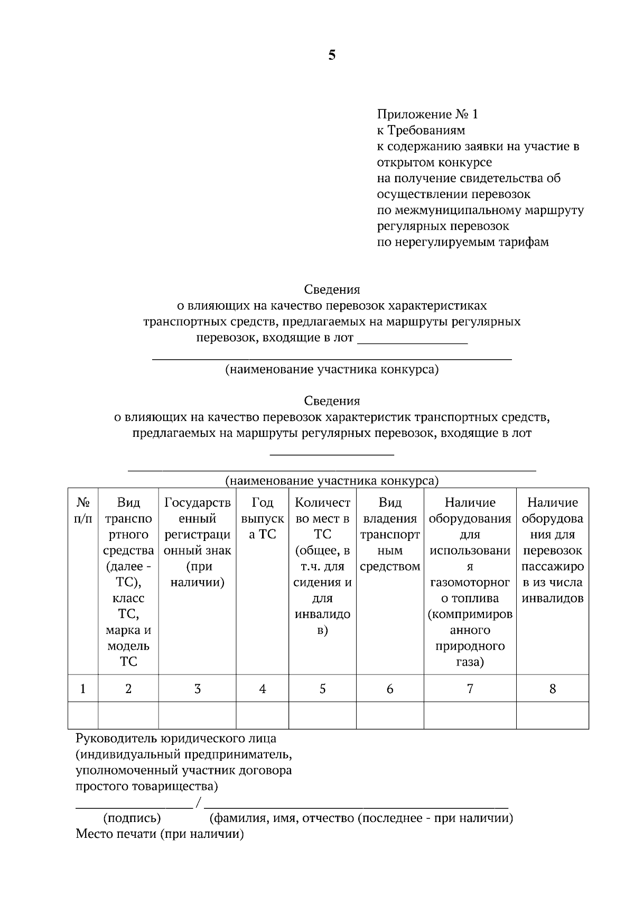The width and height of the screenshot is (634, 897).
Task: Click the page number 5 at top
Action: (x=332, y=55)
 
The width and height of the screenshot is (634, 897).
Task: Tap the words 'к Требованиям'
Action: (x=421, y=130)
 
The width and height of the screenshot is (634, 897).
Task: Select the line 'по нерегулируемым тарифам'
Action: (x=462, y=242)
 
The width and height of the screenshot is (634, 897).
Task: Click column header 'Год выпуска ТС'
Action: (x=263, y=519)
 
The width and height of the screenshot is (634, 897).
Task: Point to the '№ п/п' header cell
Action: (x=83, y=511)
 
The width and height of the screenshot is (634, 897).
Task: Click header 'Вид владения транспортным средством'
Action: (x=390, y=535)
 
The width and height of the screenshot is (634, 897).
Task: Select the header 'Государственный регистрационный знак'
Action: (x=198, y=543)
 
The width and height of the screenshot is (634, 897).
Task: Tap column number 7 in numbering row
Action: (x=470, y=688)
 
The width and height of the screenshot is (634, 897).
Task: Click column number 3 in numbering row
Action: (x=197, y=688)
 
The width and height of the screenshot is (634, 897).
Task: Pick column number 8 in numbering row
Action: (x=553, y=688)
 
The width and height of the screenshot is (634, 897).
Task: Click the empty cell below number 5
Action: (x=322, y=715)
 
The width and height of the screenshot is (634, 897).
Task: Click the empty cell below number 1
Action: (x=83, y=715)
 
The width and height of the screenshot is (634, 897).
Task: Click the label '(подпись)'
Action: (x=132, y=818)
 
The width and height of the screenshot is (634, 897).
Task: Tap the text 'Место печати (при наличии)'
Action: (x=160, y=834)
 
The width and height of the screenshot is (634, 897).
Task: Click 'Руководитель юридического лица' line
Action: (x=176, y=739)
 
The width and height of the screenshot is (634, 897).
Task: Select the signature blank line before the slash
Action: (x=134, y=807)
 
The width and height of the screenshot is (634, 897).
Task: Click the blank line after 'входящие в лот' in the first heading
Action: (x=413, y=342)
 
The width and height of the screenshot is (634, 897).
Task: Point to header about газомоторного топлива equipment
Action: (x=470, y=582)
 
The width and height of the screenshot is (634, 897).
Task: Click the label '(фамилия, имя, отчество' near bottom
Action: (x=283, y=818)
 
